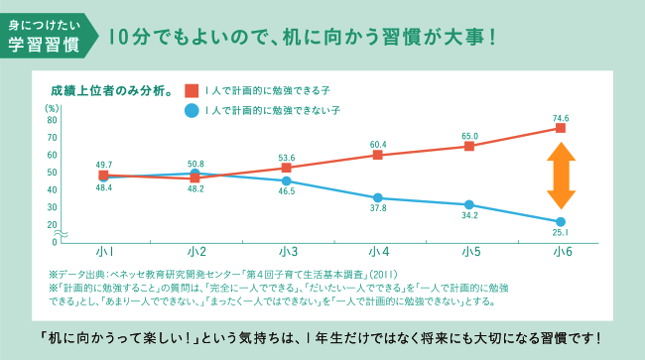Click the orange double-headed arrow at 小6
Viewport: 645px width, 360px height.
pyautogui.click(x=561, y=175)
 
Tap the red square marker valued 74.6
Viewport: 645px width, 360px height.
pyautogui.click(x=561, y=128)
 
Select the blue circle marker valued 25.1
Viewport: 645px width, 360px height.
pyautogui.click(x=561, y=221)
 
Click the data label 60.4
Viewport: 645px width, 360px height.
pyautogui.click(x=378, y=144)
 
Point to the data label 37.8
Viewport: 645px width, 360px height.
pyautogui.click(x=378, y=209)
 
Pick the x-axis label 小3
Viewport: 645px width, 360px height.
pyautogui.click(x=287, y=251)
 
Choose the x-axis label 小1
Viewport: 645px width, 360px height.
pyautogui.click(x=103, y=251)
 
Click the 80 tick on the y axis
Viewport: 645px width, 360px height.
pyautogui.click(x=52, y=120)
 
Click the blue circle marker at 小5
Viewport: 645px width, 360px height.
pyautogui.click(x=469, y=205)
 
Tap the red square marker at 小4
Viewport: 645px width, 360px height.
pyautogui.click(x=378, y=155)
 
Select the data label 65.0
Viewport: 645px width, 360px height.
pyautogui.click(x=469, y=136)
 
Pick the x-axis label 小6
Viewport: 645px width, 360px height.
pyautogui.click(x=561, y=251)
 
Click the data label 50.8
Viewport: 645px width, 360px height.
pyautogui.click(x=195, y=164)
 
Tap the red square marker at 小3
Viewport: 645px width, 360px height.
pyautogui.click(x=287, y=168)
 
